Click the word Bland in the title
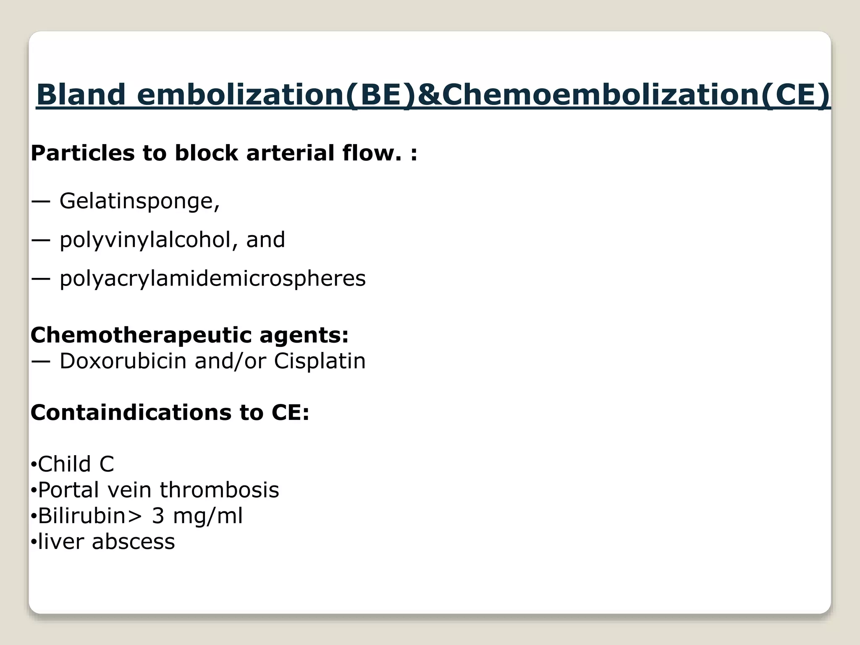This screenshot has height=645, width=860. pos(81,94)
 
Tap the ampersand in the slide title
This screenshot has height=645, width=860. pos(428,94)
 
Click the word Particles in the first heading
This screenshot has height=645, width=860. pos(82,153)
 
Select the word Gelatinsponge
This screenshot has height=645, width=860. pos(139,201)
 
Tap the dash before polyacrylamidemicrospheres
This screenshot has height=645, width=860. pos(41,278)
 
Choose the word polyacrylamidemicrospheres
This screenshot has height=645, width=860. pos(212,278)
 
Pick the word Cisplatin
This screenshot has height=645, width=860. pos(320,361)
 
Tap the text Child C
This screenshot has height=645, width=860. pos(76,464)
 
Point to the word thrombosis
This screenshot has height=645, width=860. pos(219,490)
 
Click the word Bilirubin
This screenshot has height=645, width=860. pos(82,516)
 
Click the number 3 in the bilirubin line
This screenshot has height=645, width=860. pos(158,516)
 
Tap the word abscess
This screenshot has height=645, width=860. pos(133,542)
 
